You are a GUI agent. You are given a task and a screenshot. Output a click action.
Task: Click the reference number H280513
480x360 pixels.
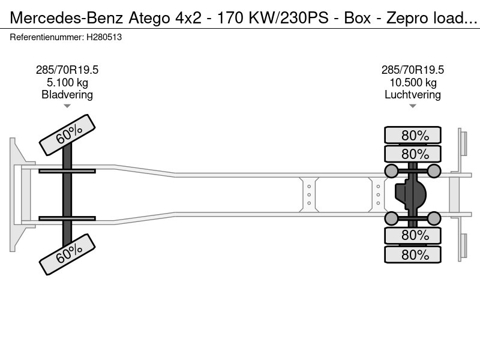(104, 37)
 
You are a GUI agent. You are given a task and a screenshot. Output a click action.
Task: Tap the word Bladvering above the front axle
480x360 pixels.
(67, 95)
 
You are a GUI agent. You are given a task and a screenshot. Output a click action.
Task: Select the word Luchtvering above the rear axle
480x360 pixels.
(413, 95)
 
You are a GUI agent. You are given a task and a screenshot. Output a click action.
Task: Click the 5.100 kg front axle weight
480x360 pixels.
(67, 82)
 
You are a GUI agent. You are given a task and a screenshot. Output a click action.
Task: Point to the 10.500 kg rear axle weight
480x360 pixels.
(413, 82)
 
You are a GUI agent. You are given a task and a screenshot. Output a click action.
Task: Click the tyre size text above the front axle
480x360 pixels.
(67, 70)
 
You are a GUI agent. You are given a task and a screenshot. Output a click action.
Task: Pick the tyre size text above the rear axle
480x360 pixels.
(413, 70)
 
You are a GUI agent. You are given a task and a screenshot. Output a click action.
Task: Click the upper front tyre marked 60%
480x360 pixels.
(67, 135)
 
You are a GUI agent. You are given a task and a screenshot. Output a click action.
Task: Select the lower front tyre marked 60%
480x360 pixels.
(67, 254)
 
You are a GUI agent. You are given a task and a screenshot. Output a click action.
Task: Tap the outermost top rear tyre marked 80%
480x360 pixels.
(413, 135)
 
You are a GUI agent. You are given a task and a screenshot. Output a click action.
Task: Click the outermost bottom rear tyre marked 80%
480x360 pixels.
(413, 254)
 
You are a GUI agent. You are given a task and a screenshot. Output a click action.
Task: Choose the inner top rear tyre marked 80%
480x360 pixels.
(413, 154)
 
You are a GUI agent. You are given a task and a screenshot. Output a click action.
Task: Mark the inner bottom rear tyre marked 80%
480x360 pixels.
(413, 235)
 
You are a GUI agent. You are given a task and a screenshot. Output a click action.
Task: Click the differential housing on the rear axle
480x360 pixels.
(411, 194)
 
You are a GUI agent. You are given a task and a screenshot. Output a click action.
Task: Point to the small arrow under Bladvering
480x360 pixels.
(67, 106)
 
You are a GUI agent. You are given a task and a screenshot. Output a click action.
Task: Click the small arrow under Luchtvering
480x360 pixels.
(413, 106)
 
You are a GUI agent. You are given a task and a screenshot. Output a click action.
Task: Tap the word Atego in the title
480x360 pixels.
(149, 18)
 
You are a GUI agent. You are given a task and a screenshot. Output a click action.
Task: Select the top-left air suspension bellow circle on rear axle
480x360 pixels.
(391, 171)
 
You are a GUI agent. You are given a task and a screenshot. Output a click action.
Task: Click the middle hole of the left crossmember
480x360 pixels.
(309, 194)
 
